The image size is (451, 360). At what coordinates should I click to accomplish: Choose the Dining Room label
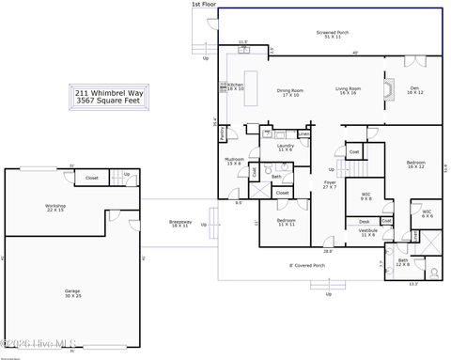tap(289, 92)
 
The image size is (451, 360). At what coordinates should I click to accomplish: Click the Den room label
tap(413, 90)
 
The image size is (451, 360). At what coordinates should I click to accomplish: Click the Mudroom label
tap(234, 161)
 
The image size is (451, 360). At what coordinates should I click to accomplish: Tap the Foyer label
tap(331, 185)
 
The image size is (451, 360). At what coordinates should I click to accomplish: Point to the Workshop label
tap(54, 208)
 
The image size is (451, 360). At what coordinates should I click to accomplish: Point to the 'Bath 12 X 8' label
tap(403, 262)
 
